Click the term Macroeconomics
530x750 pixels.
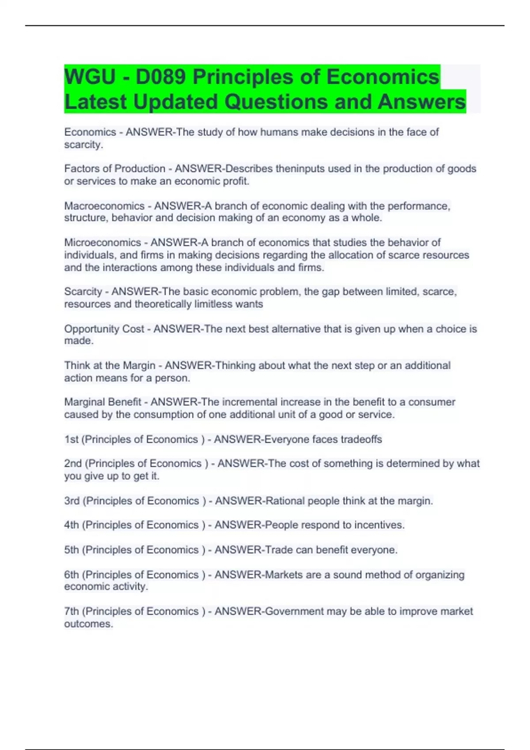104,206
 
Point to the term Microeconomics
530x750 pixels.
102,243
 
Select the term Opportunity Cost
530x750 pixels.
104,329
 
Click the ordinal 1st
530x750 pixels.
71,439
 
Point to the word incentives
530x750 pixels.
379,525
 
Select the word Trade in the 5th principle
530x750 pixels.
278,550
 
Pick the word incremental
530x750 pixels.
247,402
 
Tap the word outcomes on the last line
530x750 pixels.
88,624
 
